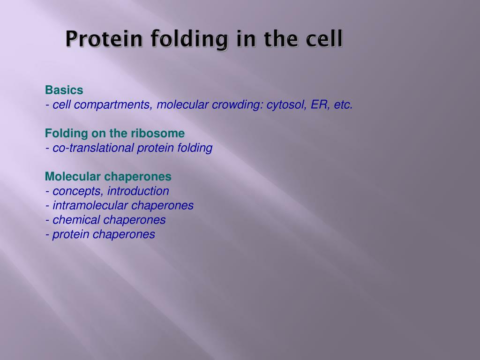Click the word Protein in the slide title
point(104,39)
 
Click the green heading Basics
point(64,90)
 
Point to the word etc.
point(344,105)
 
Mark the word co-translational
point(93,148)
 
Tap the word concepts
point(78,191)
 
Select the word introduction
point(138,191)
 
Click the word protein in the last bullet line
point(71,234)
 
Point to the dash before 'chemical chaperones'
point(47,220)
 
